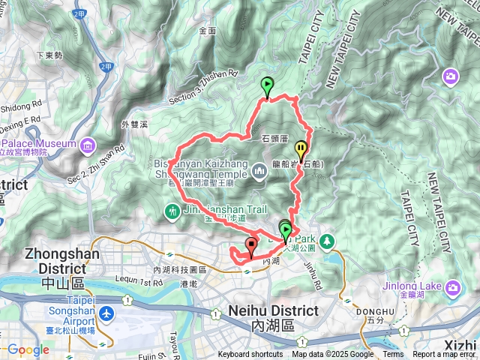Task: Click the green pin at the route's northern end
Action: coord(267,86)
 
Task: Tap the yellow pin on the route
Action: coord(300,148)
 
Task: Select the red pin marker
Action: coord(250,244)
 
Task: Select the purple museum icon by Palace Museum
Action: coord(88,143)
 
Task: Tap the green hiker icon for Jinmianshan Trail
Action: coord(173,212)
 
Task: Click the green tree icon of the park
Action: coord(328,241)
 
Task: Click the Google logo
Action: coord(28,350)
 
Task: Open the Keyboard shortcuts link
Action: coord(251,355)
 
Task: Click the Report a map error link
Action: coord(445,355)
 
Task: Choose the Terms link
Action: coord(393,355)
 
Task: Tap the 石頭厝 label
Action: coord(274,138)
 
